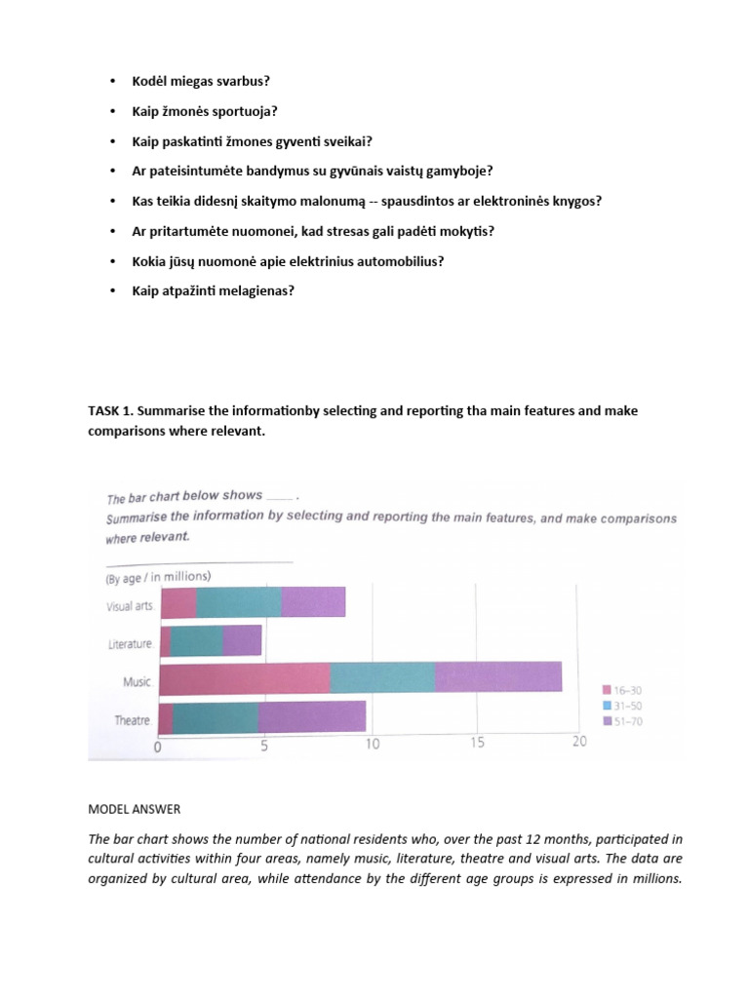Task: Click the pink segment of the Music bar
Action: (x=244, y=676)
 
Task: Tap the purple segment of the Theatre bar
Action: (x=312, y=717)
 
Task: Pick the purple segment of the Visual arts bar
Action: (x=313, y=602)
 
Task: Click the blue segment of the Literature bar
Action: (x=197, y=640)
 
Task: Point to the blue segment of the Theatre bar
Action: (x=216, y=717)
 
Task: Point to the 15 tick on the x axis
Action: (x=477, y=744)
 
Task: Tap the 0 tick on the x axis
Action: (x=158, y=748)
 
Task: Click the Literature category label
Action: (x=130, y=644)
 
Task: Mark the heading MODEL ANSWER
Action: (x=135, y=809)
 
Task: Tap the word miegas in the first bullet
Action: (x=196, y=81)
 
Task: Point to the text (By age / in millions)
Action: (x=157, y=576)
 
